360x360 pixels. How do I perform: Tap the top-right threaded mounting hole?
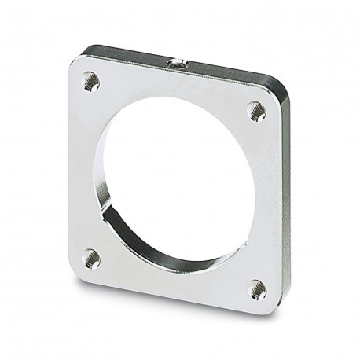257,112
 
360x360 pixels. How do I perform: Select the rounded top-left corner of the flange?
79,63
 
